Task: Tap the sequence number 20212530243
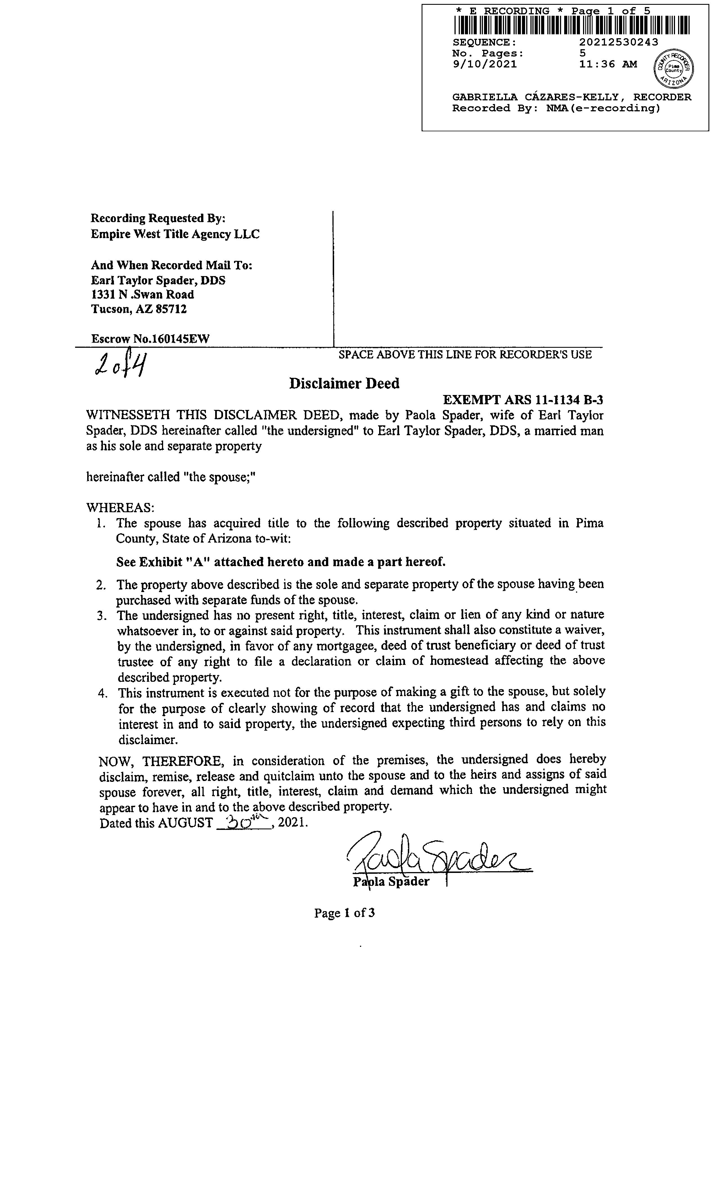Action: click(619, 42)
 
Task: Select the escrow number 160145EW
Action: click(180, 339)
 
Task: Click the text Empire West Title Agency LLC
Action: click(175, 234)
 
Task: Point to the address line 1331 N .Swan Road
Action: click(143, 295)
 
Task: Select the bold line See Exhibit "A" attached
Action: click(281, 562)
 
